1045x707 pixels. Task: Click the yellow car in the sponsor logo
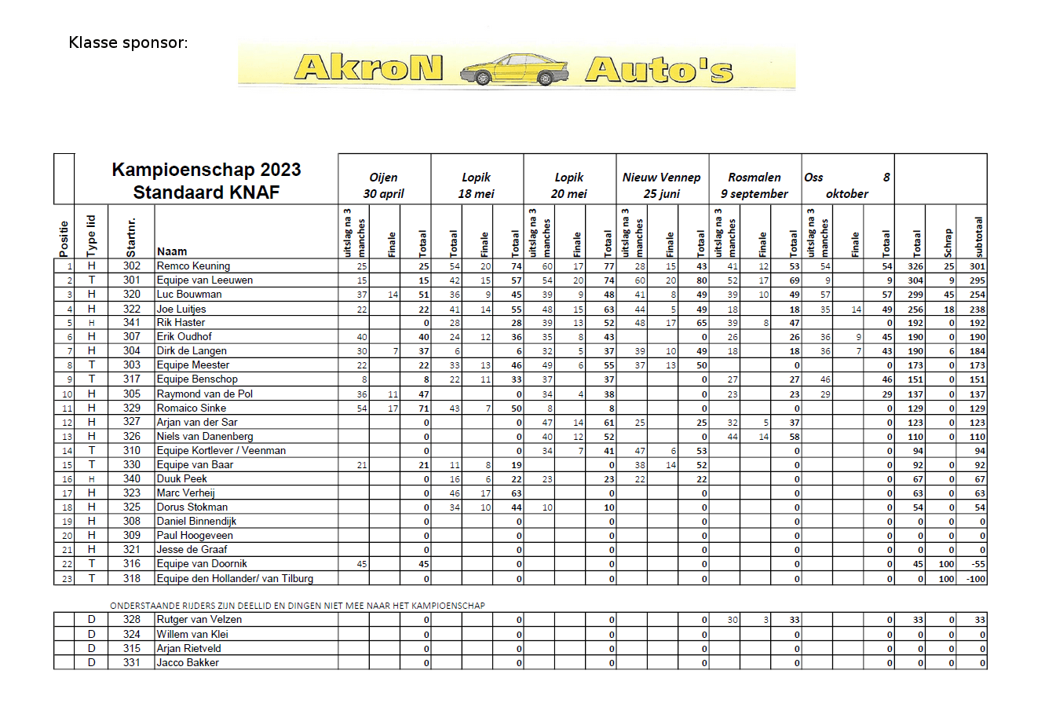click(513, 69)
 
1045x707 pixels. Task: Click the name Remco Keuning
click(193, 266)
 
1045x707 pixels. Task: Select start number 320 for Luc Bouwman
click(132, 295)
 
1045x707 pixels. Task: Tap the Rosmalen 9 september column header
click(755, 185)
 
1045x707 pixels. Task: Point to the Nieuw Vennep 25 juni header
click(661, 185)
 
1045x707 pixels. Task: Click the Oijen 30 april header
click(383, 185)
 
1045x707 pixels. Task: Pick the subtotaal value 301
click(977, 266)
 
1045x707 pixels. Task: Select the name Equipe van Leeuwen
click(204, 280)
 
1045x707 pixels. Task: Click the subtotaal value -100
click(975, 579)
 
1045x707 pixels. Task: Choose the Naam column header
click(172, 251)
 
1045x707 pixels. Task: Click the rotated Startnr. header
click(131, 236)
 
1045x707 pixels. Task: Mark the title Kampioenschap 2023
click(206, 170)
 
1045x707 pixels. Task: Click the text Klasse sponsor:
click(128, 42)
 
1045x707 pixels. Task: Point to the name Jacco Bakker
click(188, 663)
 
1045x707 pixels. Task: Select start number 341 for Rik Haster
click(132, 323)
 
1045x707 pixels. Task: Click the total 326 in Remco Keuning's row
click(915, 266)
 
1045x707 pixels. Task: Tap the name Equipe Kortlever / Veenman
click(221, 451)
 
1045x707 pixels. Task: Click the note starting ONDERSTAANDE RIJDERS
click(298, 606)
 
